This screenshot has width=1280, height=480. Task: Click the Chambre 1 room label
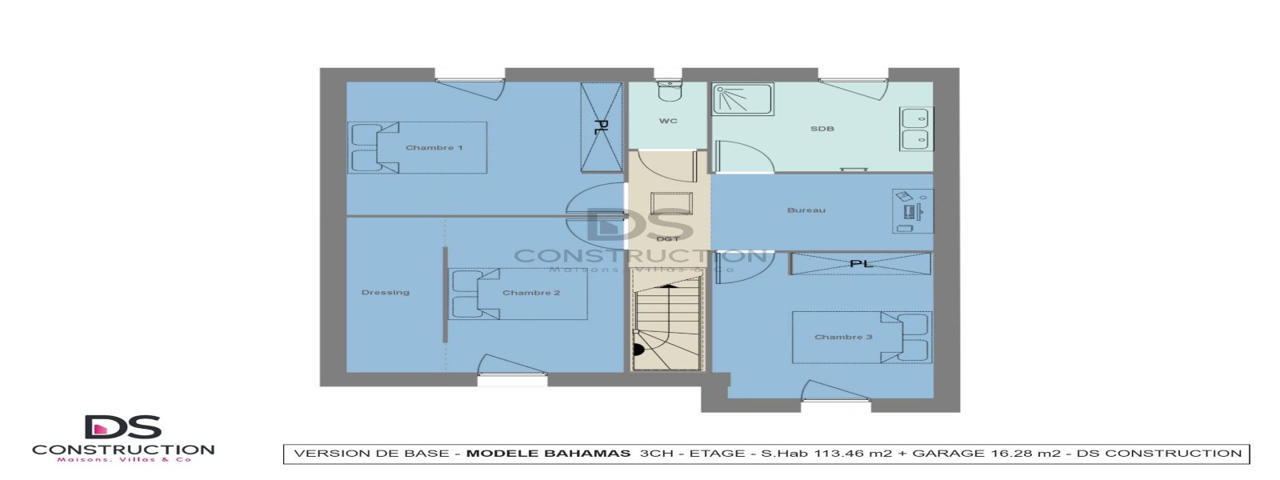[434, 148]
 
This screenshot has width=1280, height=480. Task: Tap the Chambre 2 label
[530, 293]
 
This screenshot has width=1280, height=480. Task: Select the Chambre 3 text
[843, 337]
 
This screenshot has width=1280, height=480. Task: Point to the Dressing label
[385, 293]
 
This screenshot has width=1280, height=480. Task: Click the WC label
[668, 122]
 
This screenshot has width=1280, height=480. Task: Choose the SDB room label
[822, 129]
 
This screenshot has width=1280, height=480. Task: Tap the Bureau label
[806, 210]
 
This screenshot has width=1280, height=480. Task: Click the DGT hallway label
[667, 238]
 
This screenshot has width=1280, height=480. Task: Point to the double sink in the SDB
[915, 129]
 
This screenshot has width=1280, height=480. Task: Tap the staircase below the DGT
[667, 328]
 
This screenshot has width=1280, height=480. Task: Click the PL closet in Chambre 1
[601, 127]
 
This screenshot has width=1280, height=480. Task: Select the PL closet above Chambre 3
[861, 263]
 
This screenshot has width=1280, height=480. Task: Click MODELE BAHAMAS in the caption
[548, 454]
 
